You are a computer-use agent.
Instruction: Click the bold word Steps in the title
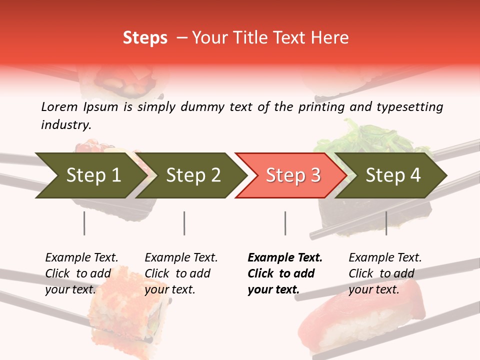[145, 38]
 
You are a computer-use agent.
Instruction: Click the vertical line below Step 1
[84, 223]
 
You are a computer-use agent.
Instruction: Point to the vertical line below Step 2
[184, 223]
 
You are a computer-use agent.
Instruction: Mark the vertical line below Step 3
[285, 223]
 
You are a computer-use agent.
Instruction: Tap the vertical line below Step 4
[386, 223]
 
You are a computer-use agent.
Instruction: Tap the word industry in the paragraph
[66, 125]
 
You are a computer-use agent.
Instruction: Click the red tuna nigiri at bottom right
[360, 320]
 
